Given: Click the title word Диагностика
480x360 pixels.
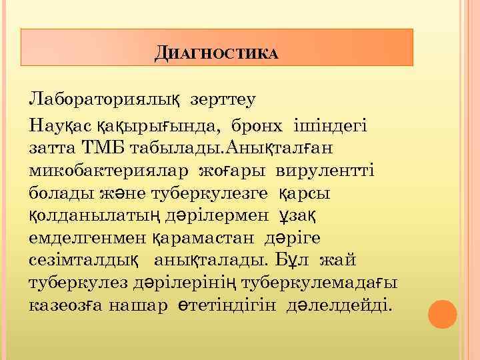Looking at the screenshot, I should click(216, 53).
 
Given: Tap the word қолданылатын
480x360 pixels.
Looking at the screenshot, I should click(95, 215).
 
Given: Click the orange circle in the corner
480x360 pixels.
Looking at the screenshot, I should click(443, 314).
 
